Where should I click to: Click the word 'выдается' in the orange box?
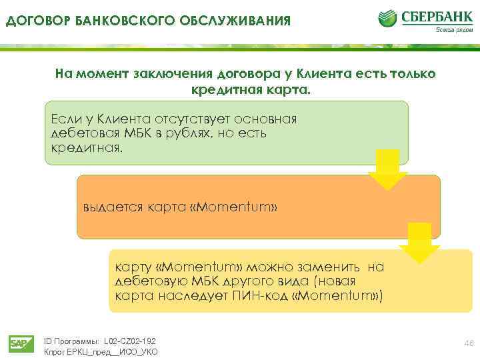[x=109, y=207]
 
